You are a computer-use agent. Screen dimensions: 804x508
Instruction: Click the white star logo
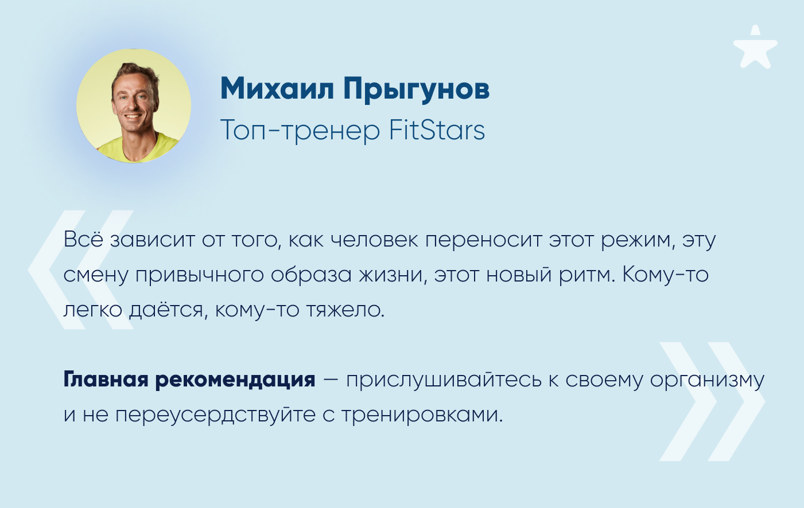pyautogui.click(x=755, y=48)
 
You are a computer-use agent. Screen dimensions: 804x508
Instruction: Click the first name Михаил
pyautogui.click(x=277, y=88)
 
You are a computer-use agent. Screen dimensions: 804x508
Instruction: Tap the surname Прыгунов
pyautogui.click(x=417, y=89)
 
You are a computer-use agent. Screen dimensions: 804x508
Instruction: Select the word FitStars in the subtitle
pyautogui.click(x=437, y=130)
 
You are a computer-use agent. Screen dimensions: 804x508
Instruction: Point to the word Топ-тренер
pyautogui.click(x=300, y=131)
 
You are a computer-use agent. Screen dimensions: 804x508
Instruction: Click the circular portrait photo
pyautogui.click(x=134, y=105)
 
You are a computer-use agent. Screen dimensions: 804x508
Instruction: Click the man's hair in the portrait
pyautogui.click(x=135, y=72)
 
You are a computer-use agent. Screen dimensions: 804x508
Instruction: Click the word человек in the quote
pyautogui.click(x=374, y=240)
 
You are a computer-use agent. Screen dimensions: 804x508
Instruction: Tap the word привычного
pyautogui.click(x=200, y=276)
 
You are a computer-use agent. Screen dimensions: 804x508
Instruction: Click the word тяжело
pyautogui.click(x=345, y=310)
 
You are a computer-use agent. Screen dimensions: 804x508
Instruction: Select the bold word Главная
pyautogui.click(x=106, y=380)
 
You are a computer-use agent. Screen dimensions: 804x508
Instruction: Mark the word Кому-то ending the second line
pyautogui.click(x=665, y=276)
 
